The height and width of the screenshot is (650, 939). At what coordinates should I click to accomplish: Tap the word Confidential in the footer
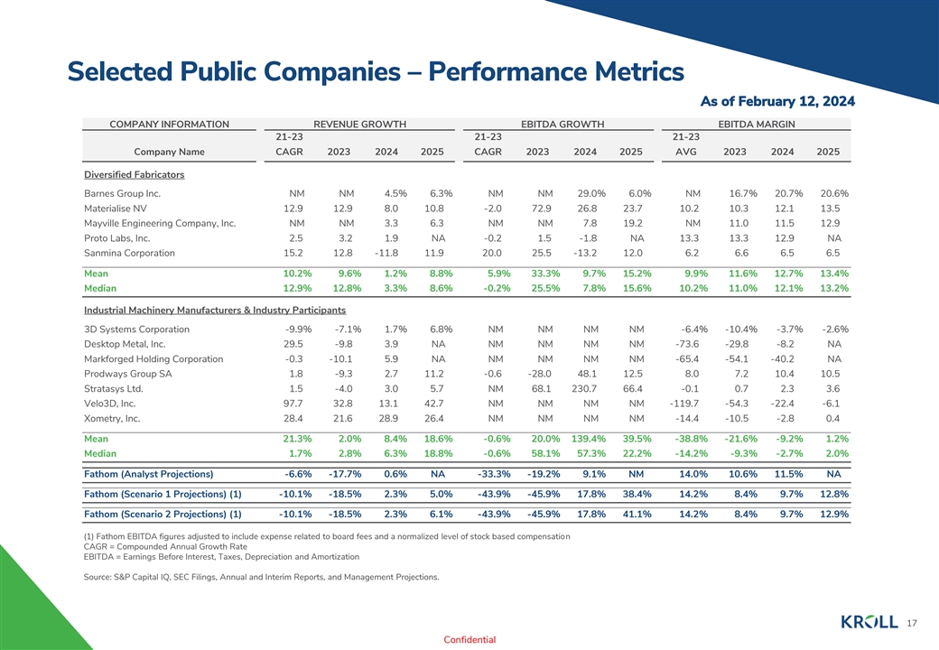click(469, 640)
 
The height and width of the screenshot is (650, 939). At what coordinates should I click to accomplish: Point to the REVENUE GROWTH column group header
click(359, 124)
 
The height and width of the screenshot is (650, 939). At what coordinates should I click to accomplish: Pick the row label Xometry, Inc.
click(112, 419)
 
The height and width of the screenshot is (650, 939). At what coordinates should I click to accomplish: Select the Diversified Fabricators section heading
click(134, 174)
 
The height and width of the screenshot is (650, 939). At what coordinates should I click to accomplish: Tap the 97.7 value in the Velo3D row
click(293, 404)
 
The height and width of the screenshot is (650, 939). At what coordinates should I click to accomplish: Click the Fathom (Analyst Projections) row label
click(148, 474)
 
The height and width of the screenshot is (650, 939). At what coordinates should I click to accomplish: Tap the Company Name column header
click(169, 152)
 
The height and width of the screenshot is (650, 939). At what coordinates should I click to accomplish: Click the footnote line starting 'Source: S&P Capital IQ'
click(261, 577)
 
